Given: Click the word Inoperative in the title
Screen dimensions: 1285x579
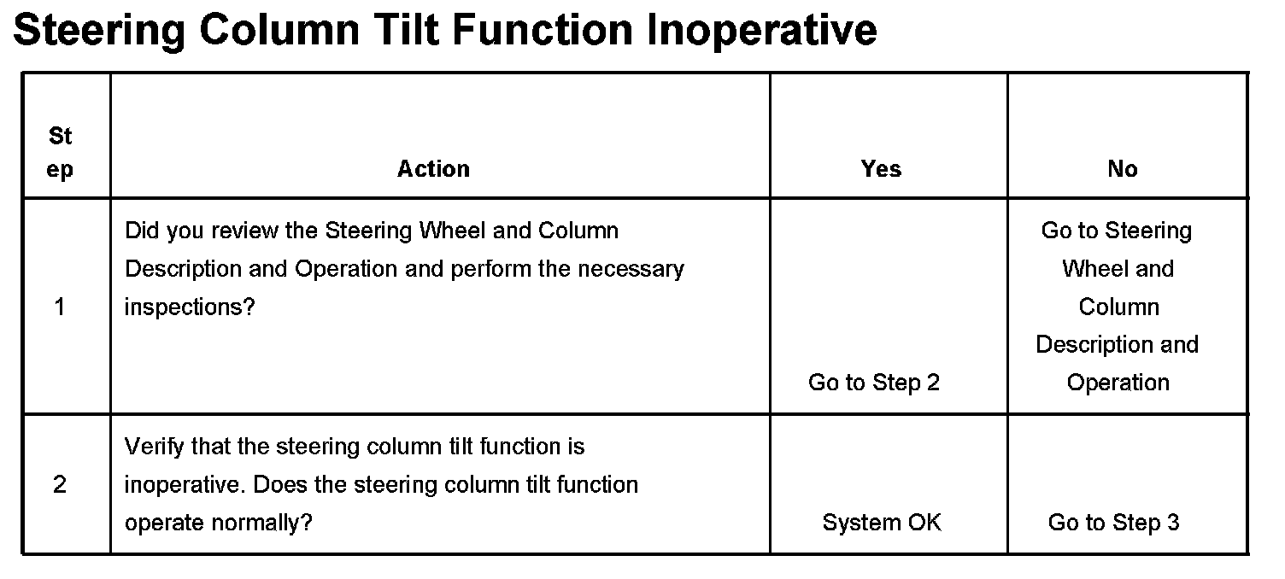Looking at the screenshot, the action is pos(762,31).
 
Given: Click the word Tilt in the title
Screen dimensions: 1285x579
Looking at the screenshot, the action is pos(407,29).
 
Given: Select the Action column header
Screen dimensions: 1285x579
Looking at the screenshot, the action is pos(434,169).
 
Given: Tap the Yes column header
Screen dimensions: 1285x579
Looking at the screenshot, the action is pos(881,169).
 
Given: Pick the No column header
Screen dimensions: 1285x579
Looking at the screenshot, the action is pos(1123,169).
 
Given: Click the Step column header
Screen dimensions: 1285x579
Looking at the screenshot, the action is pos(60,153).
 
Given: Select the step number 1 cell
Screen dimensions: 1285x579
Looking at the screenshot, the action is pos(60,307).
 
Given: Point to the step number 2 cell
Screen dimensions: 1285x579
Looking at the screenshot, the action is pos(60,484).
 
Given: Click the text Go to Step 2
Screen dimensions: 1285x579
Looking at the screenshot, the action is pos(874,383).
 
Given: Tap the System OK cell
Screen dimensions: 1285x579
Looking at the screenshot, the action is pos(882,523).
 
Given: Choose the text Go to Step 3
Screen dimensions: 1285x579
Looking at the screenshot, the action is pos(1114,523).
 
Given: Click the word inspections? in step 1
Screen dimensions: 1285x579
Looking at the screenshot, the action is pos(190,307).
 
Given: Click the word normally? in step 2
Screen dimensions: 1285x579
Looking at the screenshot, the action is pos(262,523).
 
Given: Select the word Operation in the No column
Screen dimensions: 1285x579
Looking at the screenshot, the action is pos(1118,383).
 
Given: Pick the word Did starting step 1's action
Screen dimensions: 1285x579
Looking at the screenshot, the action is pos(139,231).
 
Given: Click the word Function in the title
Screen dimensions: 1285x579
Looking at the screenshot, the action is pos(543,29).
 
